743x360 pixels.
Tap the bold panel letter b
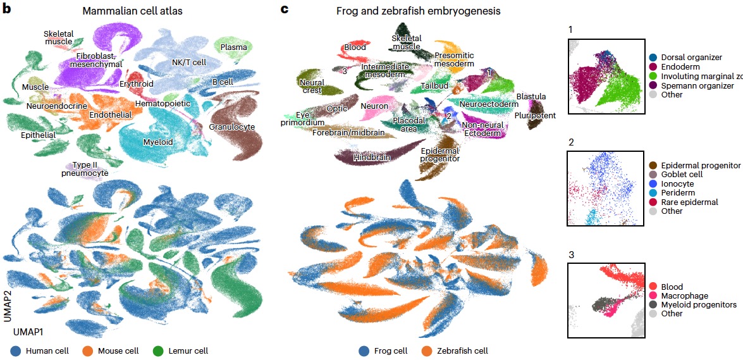6,9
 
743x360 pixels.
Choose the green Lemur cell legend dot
158,351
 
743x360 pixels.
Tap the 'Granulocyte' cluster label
231,127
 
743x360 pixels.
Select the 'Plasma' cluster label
233,47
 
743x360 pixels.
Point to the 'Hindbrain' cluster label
372,156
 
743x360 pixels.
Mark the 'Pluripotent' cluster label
535,116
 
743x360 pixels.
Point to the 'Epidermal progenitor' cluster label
440,155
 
